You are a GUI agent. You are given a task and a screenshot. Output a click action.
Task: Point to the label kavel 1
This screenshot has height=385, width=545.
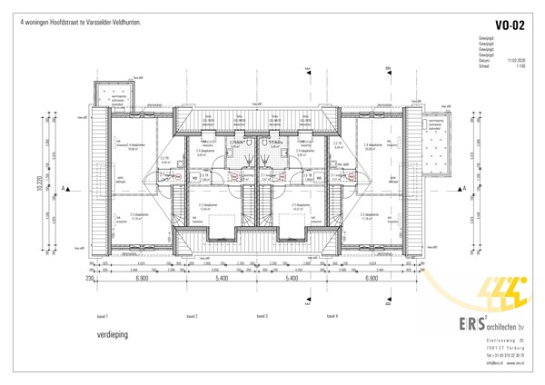click(102, 316)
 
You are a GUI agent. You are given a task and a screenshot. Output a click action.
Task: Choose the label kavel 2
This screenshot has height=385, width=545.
click(192, 316)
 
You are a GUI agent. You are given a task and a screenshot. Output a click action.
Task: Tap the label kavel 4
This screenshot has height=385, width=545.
click(332, 316)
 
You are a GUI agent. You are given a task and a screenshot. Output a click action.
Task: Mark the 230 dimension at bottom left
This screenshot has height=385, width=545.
click(91, 281)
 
